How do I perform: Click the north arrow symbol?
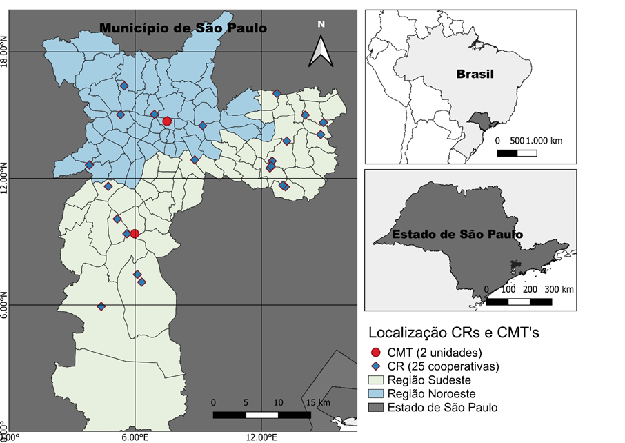click(x=321, y=47)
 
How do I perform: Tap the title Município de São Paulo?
click(x=183, y=28)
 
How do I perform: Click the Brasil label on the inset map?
click(x=475, y=74)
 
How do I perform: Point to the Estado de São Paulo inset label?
click(x=457, y=234)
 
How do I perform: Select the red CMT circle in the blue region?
click(x=167, y=121)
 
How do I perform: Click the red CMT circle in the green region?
click(x=135, y=234)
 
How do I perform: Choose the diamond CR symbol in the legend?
click(x=375, y=366)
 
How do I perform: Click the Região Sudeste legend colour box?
click(x=375, y=380)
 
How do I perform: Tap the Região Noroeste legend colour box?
click(x=375, y=393)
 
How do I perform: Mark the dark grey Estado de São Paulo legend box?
click(x=375, y=407)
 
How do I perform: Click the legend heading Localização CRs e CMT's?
click(x=453, y=333)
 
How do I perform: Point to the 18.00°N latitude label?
click(x=6, y=52)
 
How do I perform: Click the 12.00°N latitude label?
click(x=6, y=178)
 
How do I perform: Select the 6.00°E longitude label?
click(x=135, y=437)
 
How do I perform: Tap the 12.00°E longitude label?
click(x=261, y=437)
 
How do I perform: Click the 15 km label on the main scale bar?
click(x=319, y=402)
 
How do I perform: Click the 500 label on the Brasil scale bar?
click(x=518, y=140)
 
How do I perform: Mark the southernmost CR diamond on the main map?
click(x=101, y=306)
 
